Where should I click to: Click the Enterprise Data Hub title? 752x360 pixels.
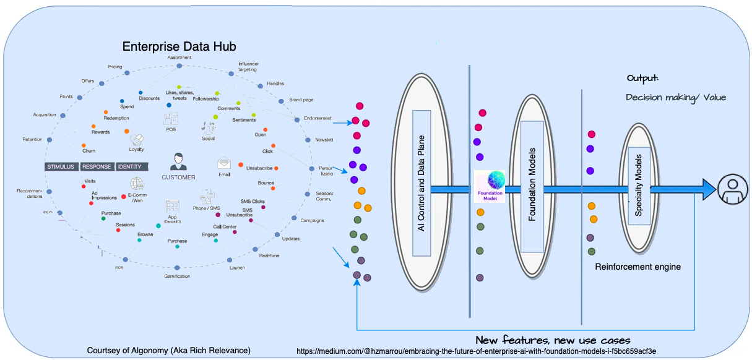coord(179,46)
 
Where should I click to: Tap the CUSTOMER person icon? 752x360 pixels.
coord(179,161)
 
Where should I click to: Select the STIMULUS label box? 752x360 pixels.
coord(61,166)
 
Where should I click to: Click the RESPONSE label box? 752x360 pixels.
coord(97,166)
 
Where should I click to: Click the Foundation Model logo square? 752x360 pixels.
coord(490,186)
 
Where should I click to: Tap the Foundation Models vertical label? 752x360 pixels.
coord(532,185)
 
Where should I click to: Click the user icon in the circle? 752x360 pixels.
coord(733,187)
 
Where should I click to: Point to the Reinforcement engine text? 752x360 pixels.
coord(637,267)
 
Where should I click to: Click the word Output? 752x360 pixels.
coord(642,79)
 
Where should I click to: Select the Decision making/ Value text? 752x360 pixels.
coord(675,97)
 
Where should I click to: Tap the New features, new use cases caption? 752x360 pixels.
coord(553,340)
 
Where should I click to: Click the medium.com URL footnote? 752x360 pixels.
coord(476,351)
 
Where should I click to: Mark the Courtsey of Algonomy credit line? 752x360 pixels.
coord(169,351)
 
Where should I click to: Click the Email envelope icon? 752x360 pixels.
coord(223,163)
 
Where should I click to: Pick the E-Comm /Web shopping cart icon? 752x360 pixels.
coord(136,184)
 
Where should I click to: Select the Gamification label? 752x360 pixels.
coord(177,276)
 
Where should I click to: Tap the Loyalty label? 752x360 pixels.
coord(136,149)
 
